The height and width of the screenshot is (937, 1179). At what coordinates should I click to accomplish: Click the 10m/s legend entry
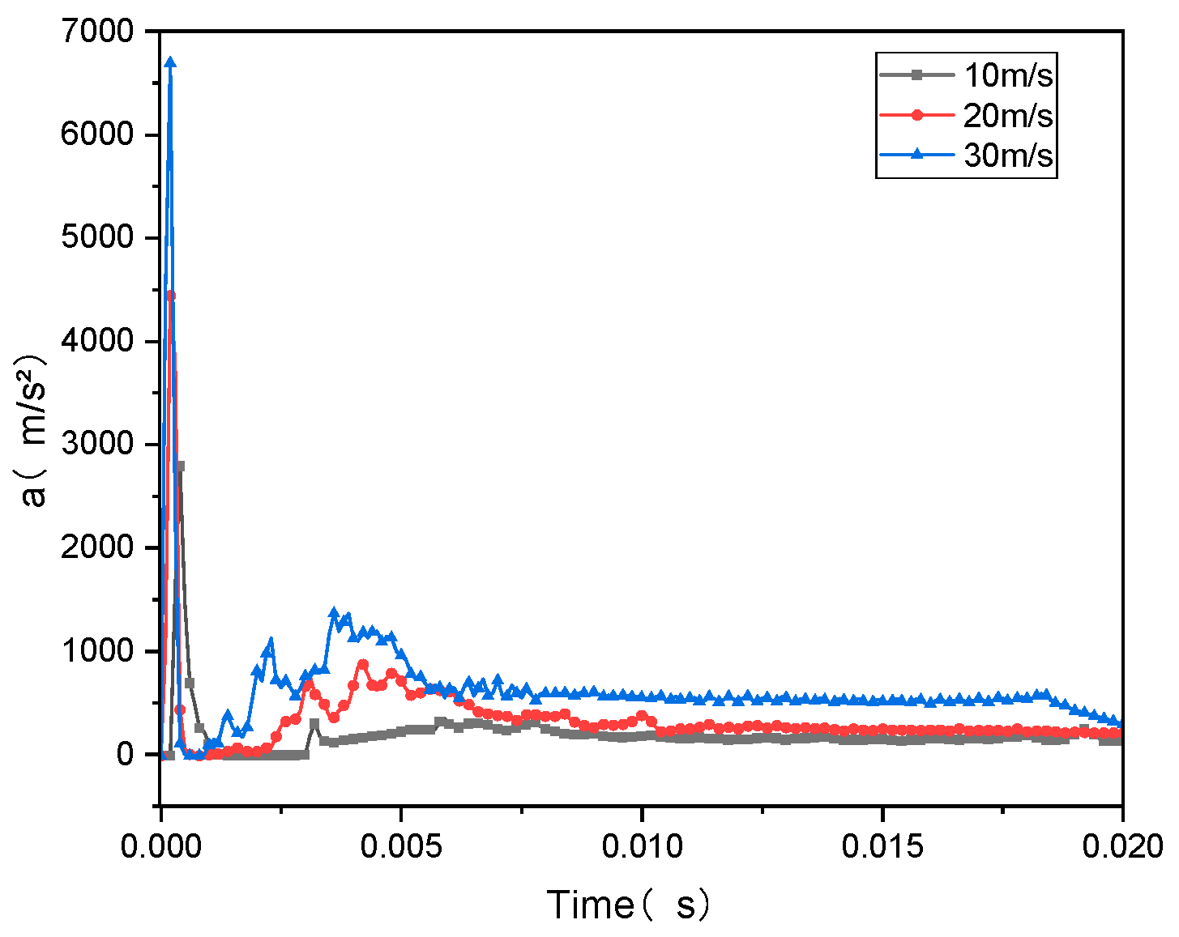pos(1008,75)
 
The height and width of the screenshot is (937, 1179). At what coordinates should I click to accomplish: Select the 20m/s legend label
pos(1008,116)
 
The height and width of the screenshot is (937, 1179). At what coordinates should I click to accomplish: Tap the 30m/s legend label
pos(1008,155)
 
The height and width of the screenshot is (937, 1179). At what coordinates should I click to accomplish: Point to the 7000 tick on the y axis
pos(96,32)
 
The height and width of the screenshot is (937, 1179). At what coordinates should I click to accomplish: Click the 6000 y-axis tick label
pos(96,134)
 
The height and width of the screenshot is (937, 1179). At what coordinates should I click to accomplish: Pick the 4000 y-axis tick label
pos(96,341)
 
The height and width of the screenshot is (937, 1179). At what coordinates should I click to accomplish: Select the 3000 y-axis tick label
pos(96,445)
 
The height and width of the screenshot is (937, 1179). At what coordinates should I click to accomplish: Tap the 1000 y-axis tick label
pos(96,651)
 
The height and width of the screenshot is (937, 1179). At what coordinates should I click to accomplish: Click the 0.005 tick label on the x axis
pos(401,847)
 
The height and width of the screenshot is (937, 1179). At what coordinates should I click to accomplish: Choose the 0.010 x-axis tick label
pos(642,847)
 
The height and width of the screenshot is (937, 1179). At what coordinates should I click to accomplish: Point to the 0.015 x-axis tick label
pos(882,847)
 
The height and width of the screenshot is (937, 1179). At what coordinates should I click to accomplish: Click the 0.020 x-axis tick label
pos(1122,847)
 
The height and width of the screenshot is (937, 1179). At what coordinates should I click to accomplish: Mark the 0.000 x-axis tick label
pos(161,847)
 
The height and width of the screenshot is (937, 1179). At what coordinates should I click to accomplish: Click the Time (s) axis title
pos(629,905)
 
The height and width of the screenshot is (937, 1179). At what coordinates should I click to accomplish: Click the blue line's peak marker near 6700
pos(170,62)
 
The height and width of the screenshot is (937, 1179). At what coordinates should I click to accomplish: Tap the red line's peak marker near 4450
pos(170,296)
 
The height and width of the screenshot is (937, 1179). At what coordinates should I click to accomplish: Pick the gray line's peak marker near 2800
pos(180,466)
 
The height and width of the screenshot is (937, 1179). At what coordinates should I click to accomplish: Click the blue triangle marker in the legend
pos(917,155)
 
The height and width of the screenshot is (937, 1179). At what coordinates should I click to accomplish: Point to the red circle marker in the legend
pos(917,116)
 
